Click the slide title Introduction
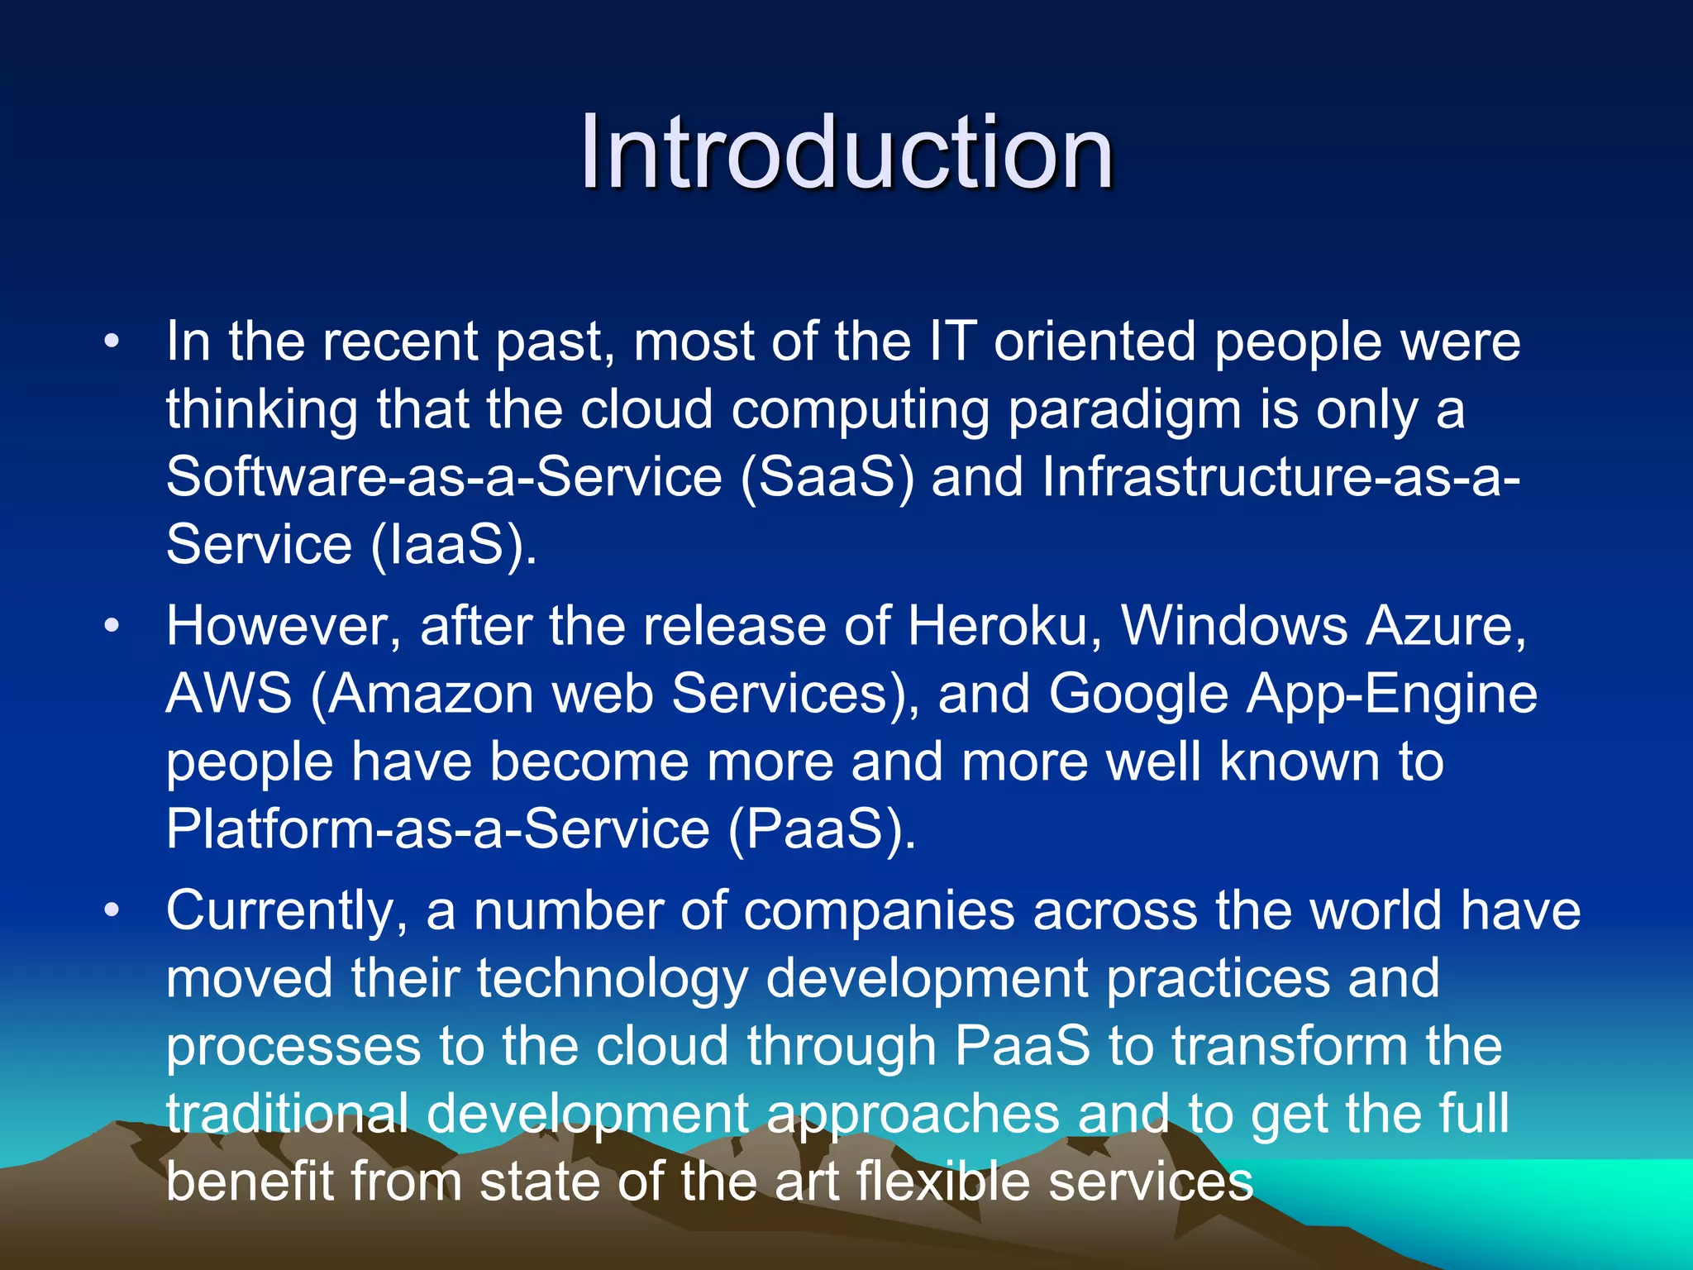(846, 153)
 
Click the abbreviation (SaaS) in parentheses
(827, 478)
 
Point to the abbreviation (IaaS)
(452, 546)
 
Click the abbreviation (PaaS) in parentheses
(822, 829)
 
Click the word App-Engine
(1392, 695)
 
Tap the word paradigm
(1124, 411)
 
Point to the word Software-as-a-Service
(444, 478)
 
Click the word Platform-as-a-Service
(438, 829)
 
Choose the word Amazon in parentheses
(432, 694)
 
